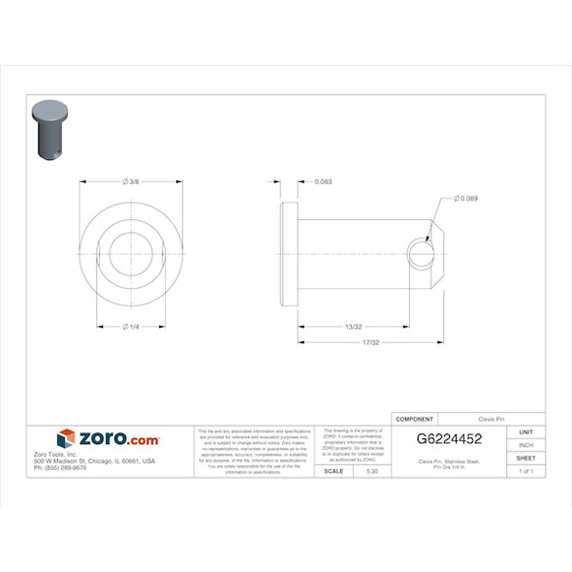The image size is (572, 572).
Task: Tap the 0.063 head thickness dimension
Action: (324, 182)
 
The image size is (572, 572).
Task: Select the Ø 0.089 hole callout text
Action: (465, 199)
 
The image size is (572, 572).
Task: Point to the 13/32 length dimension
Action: (354, 327)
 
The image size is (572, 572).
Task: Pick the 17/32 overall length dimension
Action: (369, 343)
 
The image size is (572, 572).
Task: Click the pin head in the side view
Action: (288, 254)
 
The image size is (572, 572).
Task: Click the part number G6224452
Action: (449, 438)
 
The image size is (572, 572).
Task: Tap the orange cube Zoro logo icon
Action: (66, 438)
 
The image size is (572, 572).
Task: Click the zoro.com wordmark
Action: (118, 439)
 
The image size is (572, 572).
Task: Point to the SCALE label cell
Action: (333, 470)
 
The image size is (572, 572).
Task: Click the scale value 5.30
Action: (371, 470)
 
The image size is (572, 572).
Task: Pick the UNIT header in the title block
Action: (525, 431)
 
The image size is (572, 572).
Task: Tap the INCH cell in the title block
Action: (525, 445)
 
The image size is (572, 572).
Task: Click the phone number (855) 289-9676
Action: (60, 468)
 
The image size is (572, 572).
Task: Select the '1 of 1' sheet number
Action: (525, 470)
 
